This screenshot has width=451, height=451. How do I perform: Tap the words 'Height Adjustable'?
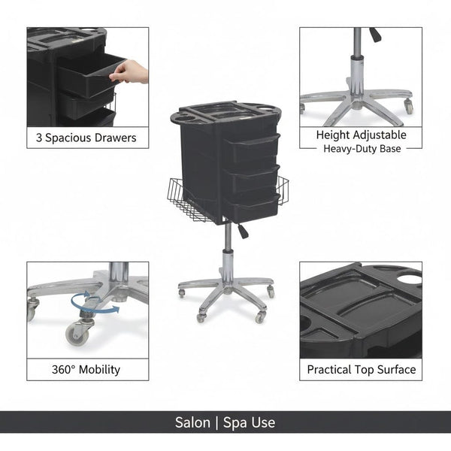click(x=361, y=135)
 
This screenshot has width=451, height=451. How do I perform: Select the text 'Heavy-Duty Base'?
click(x=362, y=148)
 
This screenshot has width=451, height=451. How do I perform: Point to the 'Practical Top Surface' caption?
click(x=361, y=369)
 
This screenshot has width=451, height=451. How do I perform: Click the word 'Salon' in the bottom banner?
click(x=192, y=422)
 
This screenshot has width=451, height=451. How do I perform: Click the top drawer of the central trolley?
click(x=252, y=147)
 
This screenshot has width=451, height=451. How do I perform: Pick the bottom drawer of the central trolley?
click(x=252, y=207)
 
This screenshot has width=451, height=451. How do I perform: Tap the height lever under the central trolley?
click(x=242, y=231)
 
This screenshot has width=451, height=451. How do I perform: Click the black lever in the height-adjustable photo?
click(x=374, y=35)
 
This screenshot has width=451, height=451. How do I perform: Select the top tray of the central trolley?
click(x=225, y=115)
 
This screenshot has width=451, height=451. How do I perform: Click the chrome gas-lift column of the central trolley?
click(x=227, y=248)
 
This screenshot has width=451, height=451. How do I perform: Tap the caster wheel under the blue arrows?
click(x=77, y=332)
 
